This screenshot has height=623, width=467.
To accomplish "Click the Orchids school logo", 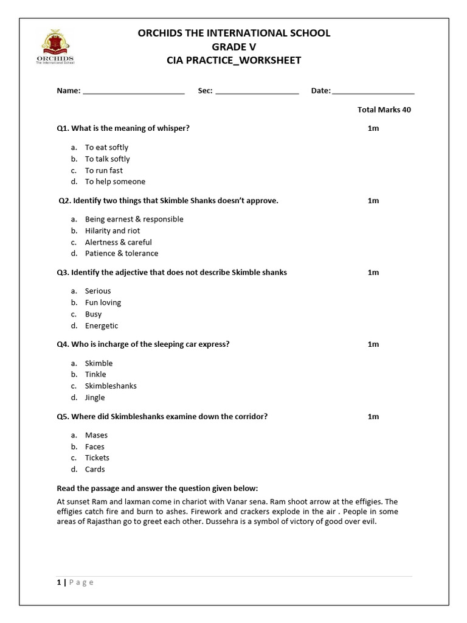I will (x=55, y=47).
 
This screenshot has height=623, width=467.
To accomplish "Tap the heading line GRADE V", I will (x=234, y=47).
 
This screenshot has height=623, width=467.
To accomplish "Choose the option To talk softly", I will (x=107, y=159).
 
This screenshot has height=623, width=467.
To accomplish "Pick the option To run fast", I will (x=103, y=170).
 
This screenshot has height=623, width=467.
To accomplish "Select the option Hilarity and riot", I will (x=112, y=231).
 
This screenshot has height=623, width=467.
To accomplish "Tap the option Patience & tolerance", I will (x=122, y=253).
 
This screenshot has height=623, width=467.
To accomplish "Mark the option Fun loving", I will (x=103, y=302).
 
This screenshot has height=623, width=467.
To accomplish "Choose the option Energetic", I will (x=102, y=325).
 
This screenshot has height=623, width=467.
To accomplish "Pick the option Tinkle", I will (x=95, y=374).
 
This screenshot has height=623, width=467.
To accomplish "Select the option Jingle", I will (x=95, y=397).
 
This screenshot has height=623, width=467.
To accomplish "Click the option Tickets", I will (x=97, y=458).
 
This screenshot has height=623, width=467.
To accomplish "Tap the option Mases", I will (x=96, y=435).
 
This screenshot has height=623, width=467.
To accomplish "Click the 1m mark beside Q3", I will (x=373, y=272).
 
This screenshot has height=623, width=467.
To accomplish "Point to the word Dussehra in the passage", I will (x=240, y=521).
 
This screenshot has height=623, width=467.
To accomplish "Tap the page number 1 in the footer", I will (x=58, y=582).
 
